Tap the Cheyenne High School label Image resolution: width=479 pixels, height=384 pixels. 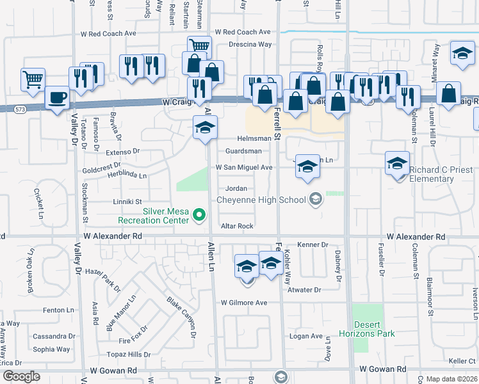coord(261,200)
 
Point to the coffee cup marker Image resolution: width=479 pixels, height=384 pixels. coord(58,98)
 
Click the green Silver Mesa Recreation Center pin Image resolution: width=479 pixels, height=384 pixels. coord(199,214)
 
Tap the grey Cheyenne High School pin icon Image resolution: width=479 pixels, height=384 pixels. coord(314,200)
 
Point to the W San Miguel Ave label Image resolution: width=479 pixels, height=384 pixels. coord(244,168)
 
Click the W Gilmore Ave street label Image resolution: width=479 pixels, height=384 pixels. coord(243,303)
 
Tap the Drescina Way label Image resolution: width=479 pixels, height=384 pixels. coord(250,45)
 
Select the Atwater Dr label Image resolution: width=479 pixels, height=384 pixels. coord(304,290)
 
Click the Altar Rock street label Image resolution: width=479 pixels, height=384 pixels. coord(237,227)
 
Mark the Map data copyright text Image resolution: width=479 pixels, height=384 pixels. coord(451,379)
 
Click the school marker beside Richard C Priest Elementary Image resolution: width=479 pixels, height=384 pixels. coord(397,164)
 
